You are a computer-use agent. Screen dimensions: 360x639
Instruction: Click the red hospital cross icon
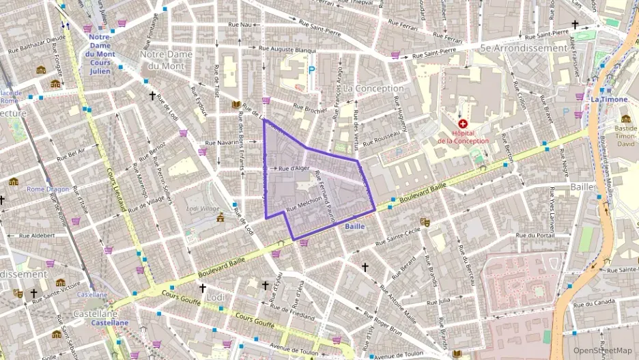463,124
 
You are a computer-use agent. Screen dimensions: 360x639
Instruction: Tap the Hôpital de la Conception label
463,137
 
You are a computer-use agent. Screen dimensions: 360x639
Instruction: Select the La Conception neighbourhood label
373,89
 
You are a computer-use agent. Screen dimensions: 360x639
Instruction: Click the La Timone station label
608,99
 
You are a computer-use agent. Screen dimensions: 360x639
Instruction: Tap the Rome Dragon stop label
45,189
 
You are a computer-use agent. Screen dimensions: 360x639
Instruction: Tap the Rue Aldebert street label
37,235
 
